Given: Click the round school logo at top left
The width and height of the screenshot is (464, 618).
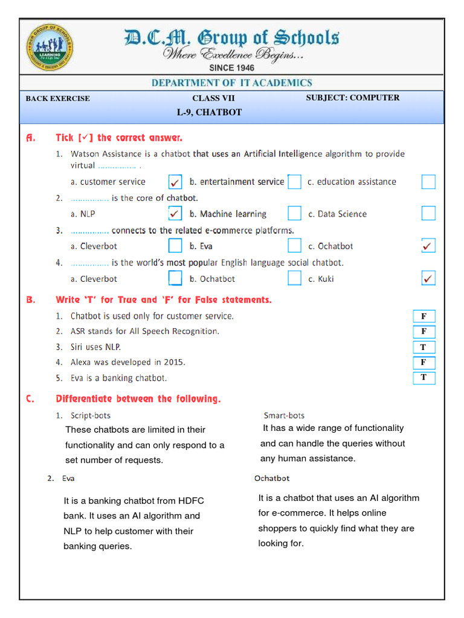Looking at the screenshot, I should [51, 48].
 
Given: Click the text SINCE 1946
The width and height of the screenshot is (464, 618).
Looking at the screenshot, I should [232, 68].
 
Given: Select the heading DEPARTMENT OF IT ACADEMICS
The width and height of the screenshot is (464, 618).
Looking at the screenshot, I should [232, 83].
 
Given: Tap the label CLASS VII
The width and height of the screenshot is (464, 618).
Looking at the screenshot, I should [213, 98].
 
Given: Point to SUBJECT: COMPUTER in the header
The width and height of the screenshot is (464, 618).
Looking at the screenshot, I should [352, 98].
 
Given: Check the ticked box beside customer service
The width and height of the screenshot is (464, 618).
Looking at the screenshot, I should [175, 182].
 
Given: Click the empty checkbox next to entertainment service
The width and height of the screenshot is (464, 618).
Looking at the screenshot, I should [294, 182].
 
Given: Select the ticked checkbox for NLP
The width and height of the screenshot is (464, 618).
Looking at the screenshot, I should [175, 214].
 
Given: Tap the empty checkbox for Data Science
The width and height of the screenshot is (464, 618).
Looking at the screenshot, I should [428, 214].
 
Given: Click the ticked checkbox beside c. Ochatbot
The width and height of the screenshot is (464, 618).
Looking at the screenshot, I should [428, 246].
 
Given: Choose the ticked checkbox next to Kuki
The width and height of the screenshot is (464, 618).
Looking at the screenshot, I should [428, 278].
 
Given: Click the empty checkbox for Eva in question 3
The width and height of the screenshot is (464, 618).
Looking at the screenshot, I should [294, 246].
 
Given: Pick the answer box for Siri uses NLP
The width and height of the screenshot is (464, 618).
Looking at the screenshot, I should [424, 347].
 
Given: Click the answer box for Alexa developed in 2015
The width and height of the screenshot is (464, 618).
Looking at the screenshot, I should [424, 362].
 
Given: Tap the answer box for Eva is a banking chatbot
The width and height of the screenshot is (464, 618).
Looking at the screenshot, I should [424, 378].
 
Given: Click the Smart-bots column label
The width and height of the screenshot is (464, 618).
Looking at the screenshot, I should [284, 416].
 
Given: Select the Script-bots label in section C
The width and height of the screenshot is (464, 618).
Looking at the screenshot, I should [91, 416].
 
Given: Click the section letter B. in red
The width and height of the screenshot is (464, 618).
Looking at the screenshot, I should [31, 299].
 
